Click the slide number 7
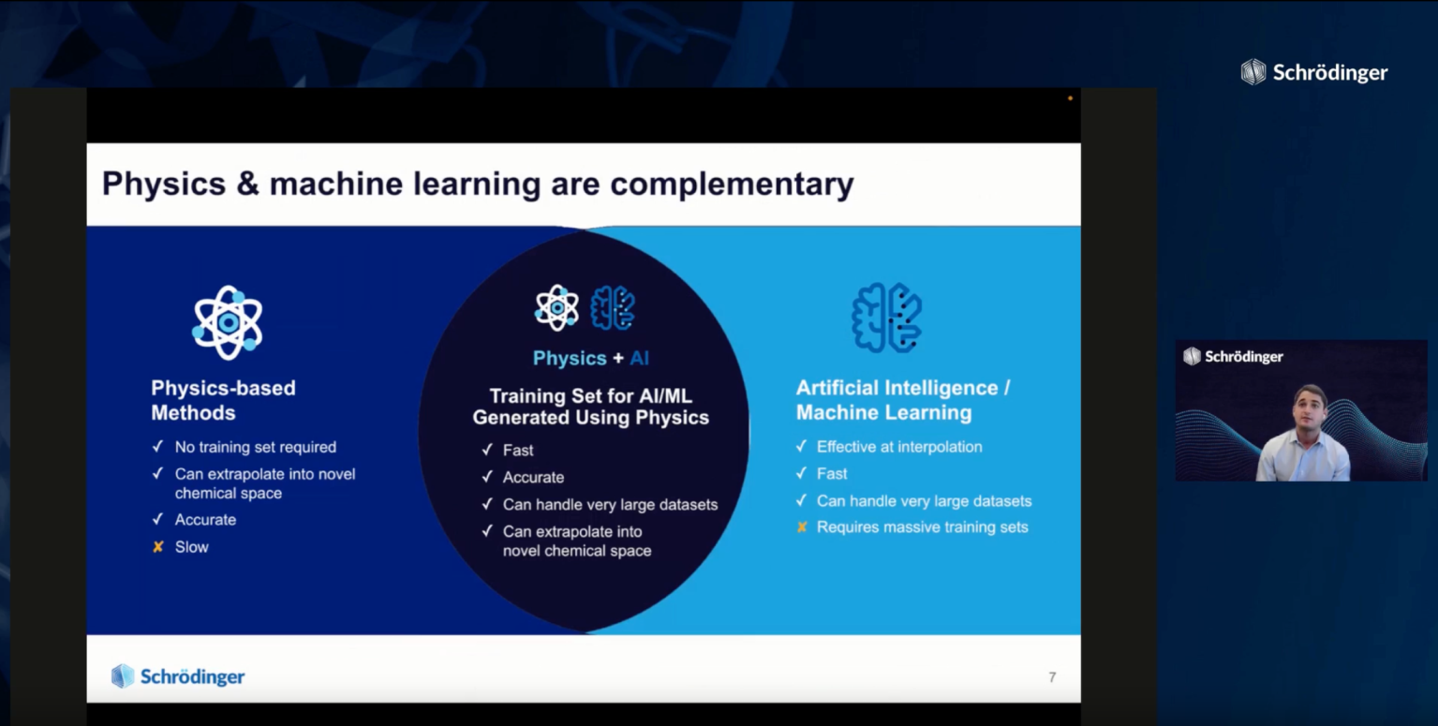pos(1052,677)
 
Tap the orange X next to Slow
pos(158,547)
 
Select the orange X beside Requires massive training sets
pos(802,527)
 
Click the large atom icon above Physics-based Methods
pos(228,322)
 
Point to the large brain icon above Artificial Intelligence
pos(887,318)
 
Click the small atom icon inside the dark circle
pos(556,308)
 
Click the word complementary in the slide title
pos(732,185)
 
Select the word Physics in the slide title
pos(164,185)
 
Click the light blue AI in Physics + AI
pos(640,358)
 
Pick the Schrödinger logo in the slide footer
pos(178,676)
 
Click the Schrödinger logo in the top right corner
pos(1314,72)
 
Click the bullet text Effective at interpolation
pos(899,447)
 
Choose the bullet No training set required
pos(256,448)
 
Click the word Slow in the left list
pos(192,547)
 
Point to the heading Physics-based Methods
pos(223,400)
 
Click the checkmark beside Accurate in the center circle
pos(487,477)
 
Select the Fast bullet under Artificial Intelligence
pos(832,474)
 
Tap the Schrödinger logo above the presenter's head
pos(1233,356)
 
